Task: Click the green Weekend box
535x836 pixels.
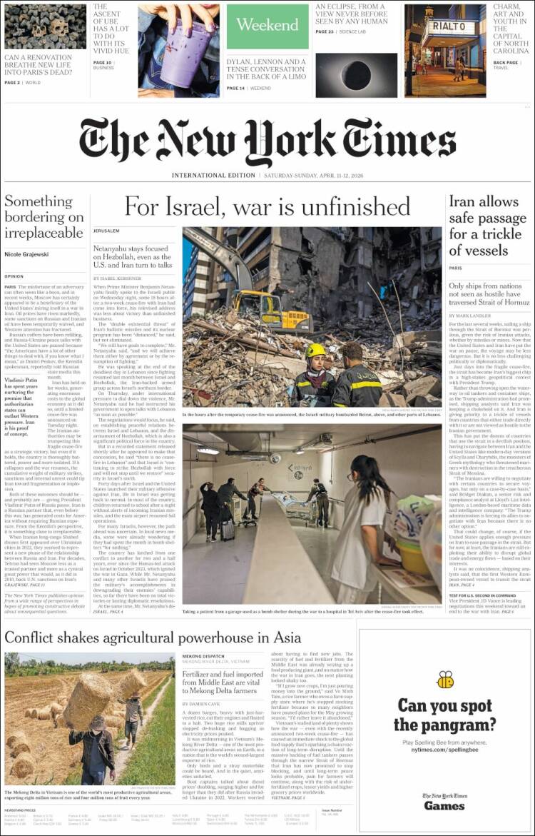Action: [x=267, y=26]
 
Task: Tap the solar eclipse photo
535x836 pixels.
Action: [x=356, y=75]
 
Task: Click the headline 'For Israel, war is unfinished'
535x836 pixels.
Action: [x=267, y=206]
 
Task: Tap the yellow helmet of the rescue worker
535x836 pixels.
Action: [x=316, y=350]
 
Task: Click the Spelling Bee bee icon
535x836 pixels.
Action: [x=445, y=679]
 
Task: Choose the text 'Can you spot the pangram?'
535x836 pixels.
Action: [x=444, y=715]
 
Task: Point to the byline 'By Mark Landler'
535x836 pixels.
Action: [x=469, y=315]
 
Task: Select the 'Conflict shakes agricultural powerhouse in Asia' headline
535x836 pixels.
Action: [x=153, y=638]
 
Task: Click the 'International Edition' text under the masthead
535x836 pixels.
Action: [x=213, y=176]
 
